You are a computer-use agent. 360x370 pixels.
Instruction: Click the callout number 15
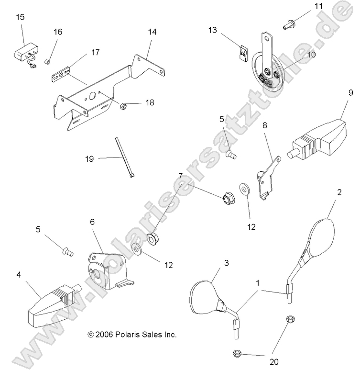[20, 17]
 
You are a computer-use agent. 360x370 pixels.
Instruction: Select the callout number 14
[152, 32]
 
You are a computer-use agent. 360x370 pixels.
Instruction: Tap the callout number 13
[213, 30]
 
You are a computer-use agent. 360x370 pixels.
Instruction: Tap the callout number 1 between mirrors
[258, 283]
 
